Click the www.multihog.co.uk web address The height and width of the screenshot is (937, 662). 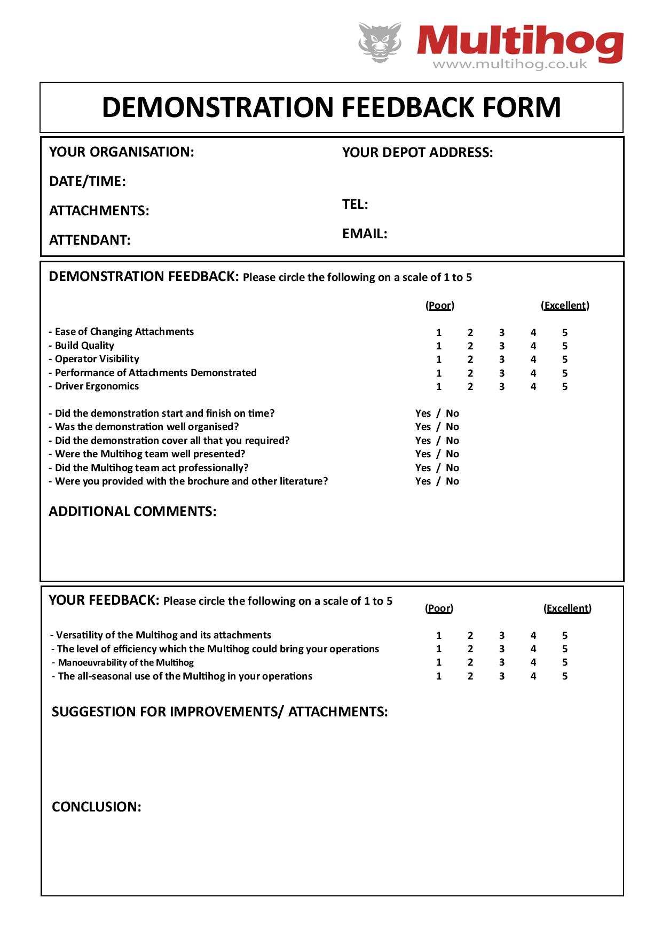509,65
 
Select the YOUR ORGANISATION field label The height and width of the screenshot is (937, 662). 121,152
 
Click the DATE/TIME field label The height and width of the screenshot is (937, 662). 87,181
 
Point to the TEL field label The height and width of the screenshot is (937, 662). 355,204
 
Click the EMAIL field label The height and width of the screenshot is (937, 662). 365,233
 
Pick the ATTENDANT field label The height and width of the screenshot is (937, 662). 90,240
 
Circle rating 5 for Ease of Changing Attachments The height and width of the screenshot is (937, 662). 564,332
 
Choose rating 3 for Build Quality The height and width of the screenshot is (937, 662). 501,346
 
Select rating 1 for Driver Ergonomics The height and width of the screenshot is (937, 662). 439,387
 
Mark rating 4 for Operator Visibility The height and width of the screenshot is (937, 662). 533,360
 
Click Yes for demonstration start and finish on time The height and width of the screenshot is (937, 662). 423,413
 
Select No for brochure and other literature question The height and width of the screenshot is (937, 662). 452,481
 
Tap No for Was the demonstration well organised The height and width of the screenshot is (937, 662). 452,427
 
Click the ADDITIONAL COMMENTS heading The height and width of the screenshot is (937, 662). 132,511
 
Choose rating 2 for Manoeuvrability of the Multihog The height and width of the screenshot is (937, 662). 470,662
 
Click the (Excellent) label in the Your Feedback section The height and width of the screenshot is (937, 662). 567,608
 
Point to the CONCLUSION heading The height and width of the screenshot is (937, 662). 97,807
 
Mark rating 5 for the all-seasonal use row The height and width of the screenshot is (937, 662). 564,676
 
